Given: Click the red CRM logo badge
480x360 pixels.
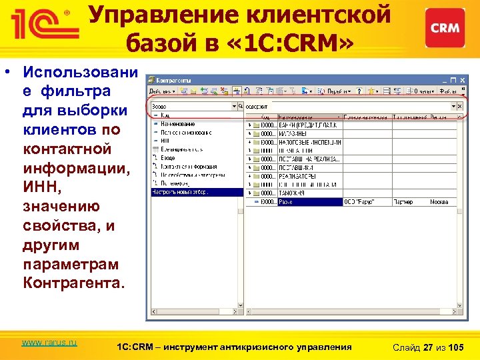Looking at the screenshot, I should pyautogui.click(x=445, y=28).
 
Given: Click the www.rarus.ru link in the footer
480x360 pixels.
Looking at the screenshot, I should pyautogui.click(x=49, y=342).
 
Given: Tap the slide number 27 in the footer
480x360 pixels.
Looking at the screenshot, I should pyautogui.click(x=429, y=347).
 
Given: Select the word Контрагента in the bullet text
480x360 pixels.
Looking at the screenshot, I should pyautogui.click(x=73, y=283).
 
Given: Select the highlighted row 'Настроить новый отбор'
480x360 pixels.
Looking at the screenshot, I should pyautogui.click(x=197, y=191).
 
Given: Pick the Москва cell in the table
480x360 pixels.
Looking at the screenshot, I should pyautogui.click(x=439, y=201).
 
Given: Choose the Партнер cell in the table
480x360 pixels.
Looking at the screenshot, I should pyautogui.click(x=404, y=201).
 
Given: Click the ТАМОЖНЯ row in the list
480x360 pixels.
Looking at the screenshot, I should pyautogui.click(x=293, y=193).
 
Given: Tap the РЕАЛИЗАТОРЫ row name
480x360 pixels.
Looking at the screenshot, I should pyautogui.click(x=297, y=175).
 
